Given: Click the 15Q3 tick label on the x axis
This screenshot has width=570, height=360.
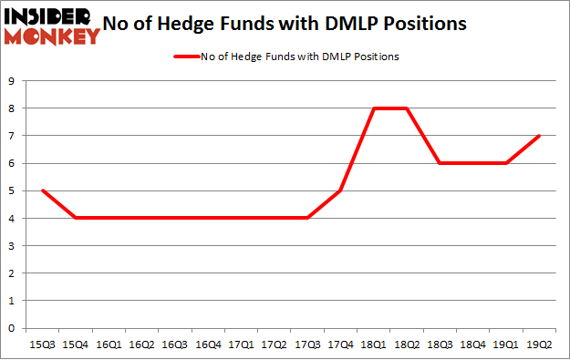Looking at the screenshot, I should pos(41,345).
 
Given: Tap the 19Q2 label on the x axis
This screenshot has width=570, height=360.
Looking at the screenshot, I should pos(540,345).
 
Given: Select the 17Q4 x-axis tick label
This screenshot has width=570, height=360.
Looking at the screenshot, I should pos(340,345).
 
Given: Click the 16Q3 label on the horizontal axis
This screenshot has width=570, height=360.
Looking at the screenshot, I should pos(174,345).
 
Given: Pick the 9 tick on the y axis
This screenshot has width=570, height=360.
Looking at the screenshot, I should pos(10,81).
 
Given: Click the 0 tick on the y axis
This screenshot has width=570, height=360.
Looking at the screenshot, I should pos(10,328).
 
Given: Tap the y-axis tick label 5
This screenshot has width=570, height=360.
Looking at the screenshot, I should pos(10,190).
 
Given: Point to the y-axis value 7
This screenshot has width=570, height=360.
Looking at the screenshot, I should pos(10,136).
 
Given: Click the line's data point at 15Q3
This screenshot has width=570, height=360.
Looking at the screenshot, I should pos(41,190).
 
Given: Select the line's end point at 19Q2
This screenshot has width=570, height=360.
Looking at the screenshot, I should pos(540,136).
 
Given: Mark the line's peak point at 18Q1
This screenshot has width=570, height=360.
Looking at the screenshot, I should pos(374,108).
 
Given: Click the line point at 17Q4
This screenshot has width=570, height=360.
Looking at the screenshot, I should pos(340,190).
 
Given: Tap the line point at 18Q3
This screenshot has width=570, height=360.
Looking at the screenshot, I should pos(440,163).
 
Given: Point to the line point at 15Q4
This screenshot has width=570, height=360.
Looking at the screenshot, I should pos(75,218).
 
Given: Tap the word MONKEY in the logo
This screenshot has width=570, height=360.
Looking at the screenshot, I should pos(53,36).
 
